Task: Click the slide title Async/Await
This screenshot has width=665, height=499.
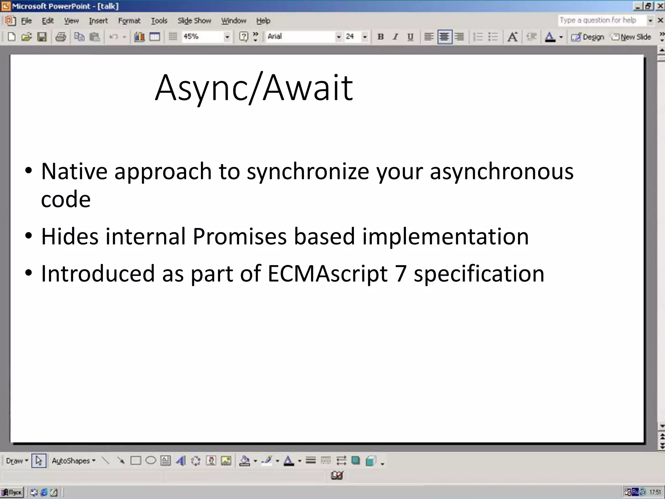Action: [254, 88]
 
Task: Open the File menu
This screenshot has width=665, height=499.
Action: [26, 21]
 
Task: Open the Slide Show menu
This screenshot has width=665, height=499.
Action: [194, 21]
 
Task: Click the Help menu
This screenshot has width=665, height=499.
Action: [263, 21]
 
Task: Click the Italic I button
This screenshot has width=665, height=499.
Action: [395, 37]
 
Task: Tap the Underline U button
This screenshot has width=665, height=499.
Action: [410, 37]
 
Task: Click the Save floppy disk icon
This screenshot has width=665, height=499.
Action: [42, 37]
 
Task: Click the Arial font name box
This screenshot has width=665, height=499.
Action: [300, 37]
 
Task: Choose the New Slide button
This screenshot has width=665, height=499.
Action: [631, 37]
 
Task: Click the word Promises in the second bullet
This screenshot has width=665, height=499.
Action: [239, 236]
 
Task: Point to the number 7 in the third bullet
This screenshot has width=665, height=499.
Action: [400, 274]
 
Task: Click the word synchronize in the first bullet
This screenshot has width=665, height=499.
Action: [307, 172]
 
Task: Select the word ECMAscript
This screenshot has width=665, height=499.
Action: [327, 274]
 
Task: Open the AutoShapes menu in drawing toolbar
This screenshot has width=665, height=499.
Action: [73, 461]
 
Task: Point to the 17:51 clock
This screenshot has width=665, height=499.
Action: [655, 492]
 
